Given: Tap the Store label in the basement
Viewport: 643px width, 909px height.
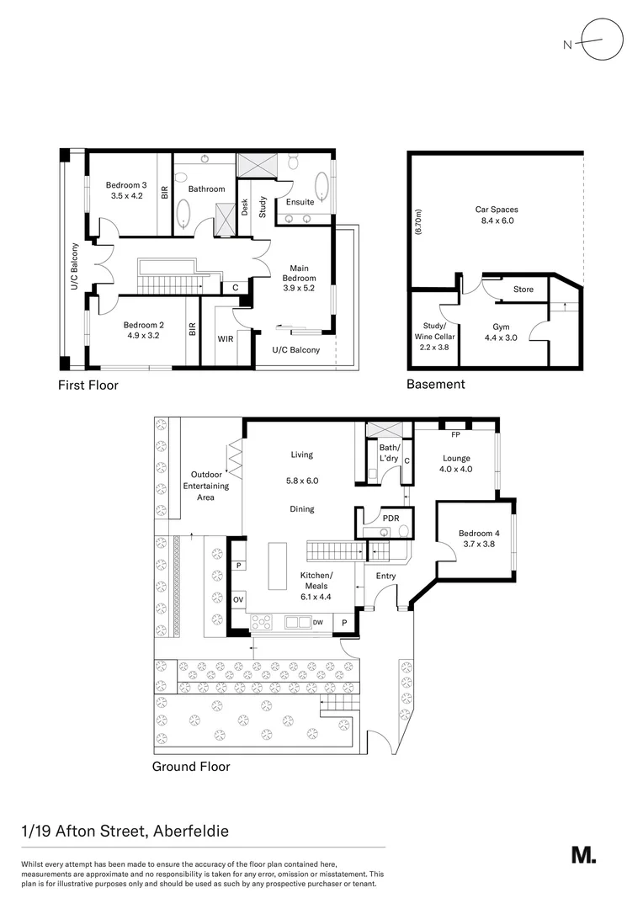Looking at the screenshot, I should click(523, 290).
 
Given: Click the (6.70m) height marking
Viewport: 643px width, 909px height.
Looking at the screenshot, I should click(418, 226).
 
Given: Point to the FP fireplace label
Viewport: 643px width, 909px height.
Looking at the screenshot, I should click(454, 436).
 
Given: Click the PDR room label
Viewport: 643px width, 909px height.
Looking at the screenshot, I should click(390, 518).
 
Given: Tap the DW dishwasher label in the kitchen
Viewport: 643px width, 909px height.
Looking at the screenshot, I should click(317, 622).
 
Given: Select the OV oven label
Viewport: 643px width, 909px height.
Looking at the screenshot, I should click(238, 600).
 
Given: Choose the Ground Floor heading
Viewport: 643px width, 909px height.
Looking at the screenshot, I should click(190, 766).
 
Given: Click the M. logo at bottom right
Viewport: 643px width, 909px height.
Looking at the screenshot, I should click(583, 854).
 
